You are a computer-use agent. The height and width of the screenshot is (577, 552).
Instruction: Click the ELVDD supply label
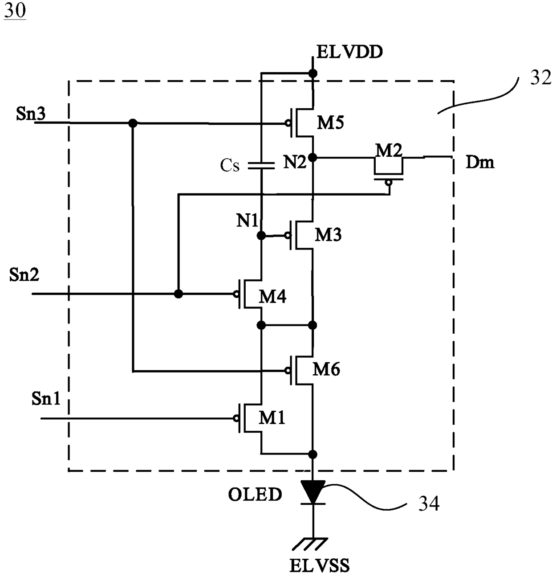349,52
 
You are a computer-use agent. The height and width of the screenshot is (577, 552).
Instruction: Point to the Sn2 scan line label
24,274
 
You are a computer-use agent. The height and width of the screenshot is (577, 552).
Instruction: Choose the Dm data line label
480,162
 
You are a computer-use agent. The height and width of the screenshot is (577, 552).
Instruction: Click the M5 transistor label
330,123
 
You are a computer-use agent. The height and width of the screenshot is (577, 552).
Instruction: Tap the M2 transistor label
389,150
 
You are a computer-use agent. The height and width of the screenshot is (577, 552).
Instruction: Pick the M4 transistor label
272,296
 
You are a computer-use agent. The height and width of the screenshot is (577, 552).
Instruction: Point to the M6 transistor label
326,369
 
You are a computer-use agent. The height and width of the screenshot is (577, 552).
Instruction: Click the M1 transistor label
272,418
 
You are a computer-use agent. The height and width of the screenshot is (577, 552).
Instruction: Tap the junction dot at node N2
313,157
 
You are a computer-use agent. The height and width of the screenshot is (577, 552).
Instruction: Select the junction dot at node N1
261,236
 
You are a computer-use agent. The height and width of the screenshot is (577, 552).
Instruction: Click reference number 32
541,78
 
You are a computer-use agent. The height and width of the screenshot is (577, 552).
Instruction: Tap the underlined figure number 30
15,11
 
